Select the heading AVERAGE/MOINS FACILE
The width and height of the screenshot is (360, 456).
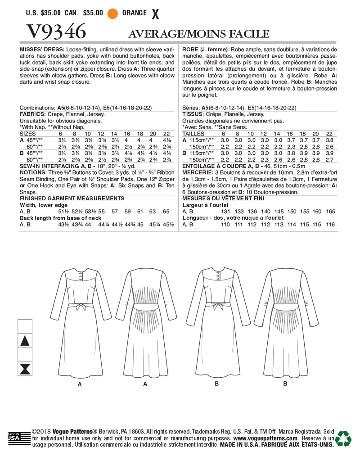(x=198, y=34)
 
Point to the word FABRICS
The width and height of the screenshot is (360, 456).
(x=32, y=115)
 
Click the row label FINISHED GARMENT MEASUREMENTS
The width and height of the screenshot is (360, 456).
(x=72, y=198)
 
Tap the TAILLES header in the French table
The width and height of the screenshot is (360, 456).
(x=193, y=134)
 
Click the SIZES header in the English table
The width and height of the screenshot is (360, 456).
(x=28, y=134)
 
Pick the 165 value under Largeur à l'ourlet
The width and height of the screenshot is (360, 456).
(x=330, y=211)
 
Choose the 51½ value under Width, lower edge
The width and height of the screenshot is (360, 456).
(x=64, y=211)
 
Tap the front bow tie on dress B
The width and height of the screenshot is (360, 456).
(x=222, y=307)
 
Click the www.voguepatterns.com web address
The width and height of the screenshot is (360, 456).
(x=265, y=438)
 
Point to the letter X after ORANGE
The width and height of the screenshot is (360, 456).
(x=156, y=14)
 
